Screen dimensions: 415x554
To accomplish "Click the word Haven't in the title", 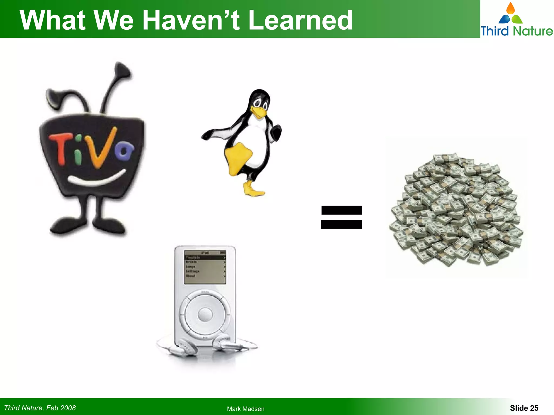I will (x=191, y=20).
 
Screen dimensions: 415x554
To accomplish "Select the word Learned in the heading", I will (x=300, y=20).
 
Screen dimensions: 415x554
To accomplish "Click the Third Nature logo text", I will (x=517, y=31).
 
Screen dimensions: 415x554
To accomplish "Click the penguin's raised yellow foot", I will (x=238, y=158).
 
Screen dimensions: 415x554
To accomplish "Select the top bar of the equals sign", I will (x=341, y=210).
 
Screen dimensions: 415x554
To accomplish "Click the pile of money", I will (x=456, y=209).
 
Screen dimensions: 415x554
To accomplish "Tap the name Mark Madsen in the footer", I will (x=246, y=409).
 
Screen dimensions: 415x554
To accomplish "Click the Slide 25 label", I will (x=524, y=408).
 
